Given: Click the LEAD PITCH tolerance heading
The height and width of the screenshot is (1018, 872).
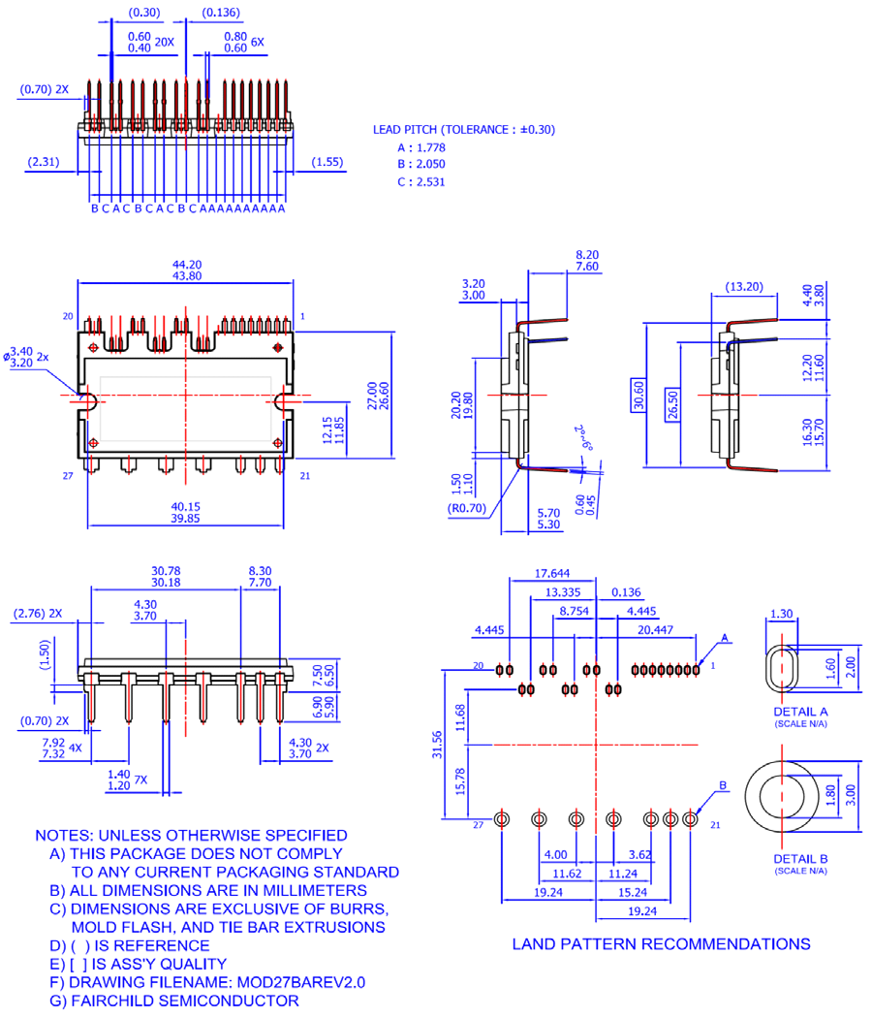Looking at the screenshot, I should pyautogui.click(x=464, y=129).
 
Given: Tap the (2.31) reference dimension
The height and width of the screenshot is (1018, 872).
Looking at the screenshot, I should pyautogui.click(x=45, y=162).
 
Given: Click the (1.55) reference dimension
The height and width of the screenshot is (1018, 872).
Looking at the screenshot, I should pyautogui.click(x=327, y=162).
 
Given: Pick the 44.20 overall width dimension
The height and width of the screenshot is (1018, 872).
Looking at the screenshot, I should pyautogui.click(x=186, y=264).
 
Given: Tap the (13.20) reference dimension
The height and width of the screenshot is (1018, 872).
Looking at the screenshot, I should pyautogui.click(x=744, y=286).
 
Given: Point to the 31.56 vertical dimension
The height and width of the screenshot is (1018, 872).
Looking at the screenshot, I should pyautogui.click(x=438, y=745).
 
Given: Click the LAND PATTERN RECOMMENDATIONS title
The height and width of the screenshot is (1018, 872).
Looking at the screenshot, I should pyautogui.click(x=661, y=943).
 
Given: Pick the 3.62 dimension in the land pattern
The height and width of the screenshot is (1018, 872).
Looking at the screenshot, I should pyautogui.click(x=638, y=855).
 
